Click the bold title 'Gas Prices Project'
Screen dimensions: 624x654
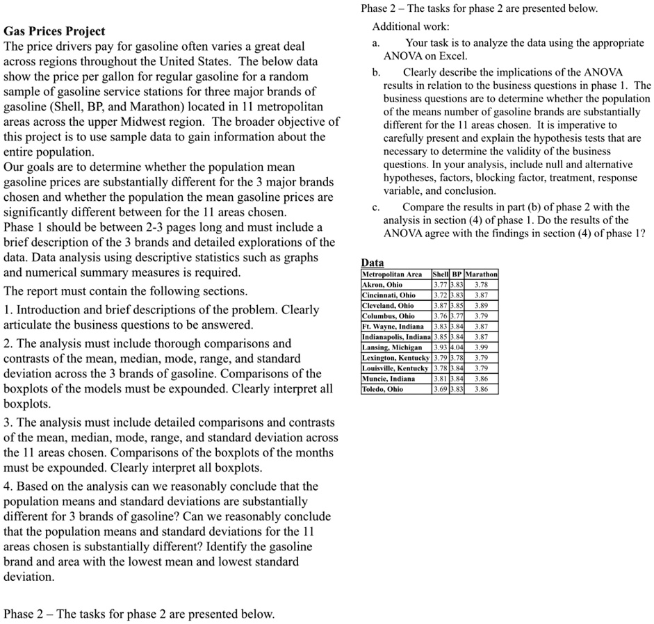[54, 31]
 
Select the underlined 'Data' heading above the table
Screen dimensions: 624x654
[373, 263]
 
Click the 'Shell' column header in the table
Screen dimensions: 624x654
[441, 274]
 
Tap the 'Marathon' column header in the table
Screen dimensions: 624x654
[481, 274]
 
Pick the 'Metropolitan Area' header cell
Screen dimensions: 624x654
[391, 274]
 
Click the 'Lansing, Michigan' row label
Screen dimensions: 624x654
[391, 347]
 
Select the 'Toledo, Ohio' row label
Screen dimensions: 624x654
[382, 389]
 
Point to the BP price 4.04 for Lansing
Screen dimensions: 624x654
[457, 347]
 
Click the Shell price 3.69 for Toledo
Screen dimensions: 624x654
[441, 389]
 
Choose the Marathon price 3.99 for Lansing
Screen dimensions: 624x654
[481, 347]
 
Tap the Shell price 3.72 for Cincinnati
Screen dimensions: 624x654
[441, 295]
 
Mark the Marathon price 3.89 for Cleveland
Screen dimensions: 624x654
[481, 305]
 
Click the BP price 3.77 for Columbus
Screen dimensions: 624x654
[457, 315]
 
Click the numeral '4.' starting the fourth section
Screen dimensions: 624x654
[9, 486]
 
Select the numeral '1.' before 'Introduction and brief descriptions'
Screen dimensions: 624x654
[9, 310]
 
